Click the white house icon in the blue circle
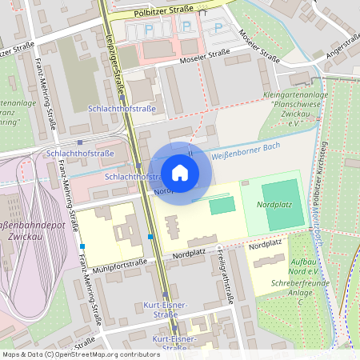[x=179, y=173]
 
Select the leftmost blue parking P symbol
[x=150, y=30]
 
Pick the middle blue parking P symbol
[x=186, y=26]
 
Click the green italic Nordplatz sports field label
[x=275, y=206]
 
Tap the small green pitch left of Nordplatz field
[x=222, y=206]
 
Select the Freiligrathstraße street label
[x=223, y=274]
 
